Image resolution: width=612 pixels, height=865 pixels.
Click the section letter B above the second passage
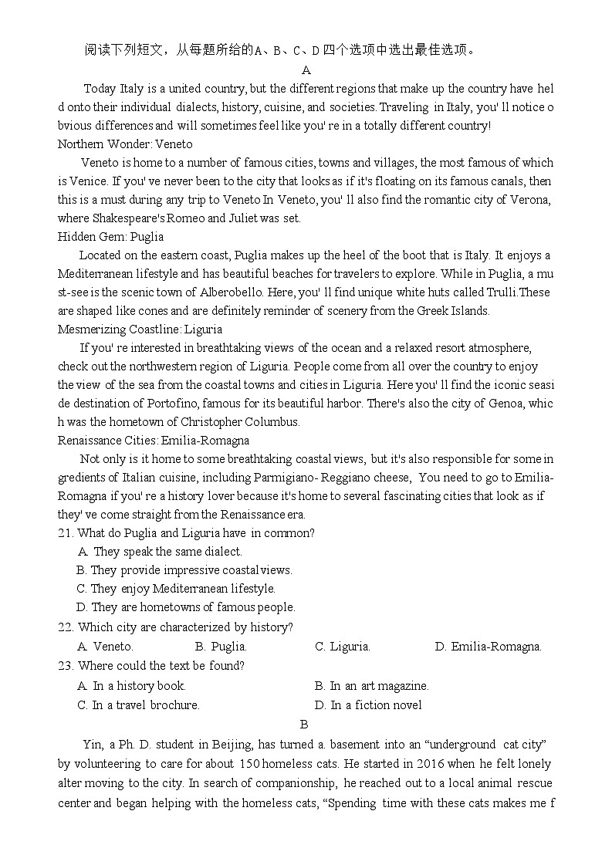(x=304, y=724)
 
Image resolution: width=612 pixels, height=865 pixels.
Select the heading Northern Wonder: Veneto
(x=125, y=144)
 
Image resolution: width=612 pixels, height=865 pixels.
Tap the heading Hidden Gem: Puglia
(x=110, y=237)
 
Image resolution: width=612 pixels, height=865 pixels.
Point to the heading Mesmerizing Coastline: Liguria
(x=140, y=329)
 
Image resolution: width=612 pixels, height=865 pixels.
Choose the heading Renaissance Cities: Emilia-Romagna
(x=154, y=441)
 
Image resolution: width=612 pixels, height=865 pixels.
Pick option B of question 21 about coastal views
(x=184, y=570)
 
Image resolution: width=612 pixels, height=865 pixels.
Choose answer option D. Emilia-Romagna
(x=489, y=647)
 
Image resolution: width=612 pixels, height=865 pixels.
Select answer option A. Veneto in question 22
(x=106, y=647)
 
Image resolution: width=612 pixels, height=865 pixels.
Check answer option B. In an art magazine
(x=372, y=685)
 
